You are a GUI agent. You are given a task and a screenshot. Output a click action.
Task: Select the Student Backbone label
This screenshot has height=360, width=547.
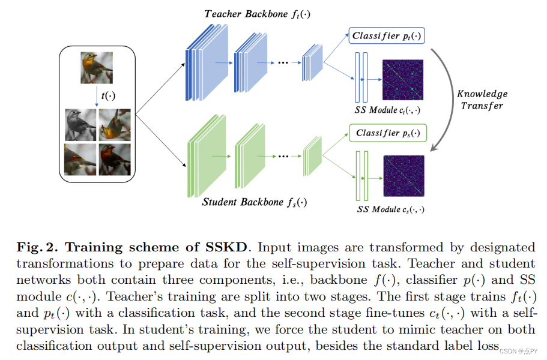(x=253, y=202)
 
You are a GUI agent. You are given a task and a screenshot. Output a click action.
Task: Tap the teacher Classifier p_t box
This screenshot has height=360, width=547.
(x=387, y=36)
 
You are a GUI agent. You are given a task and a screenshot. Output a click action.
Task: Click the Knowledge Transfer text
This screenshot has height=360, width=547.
(x=482, y=100)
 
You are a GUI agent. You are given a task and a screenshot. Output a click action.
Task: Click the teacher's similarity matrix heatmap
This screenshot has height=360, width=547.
(x=403, y=80)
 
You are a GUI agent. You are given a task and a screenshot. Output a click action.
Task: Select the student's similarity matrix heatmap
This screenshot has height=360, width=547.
(x=403, y=176)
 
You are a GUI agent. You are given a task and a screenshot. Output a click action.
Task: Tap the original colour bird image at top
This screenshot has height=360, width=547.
(x=97, y=68)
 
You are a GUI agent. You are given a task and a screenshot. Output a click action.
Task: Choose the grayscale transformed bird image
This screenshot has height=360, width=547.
(x=80, y=124)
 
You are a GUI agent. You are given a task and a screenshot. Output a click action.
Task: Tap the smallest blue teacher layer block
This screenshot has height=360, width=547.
(x=312, y=62)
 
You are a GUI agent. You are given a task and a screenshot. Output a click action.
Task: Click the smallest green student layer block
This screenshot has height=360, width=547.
(x=312, y=158)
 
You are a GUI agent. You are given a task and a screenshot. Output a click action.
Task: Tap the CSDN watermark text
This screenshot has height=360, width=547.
(x=519, y=351)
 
